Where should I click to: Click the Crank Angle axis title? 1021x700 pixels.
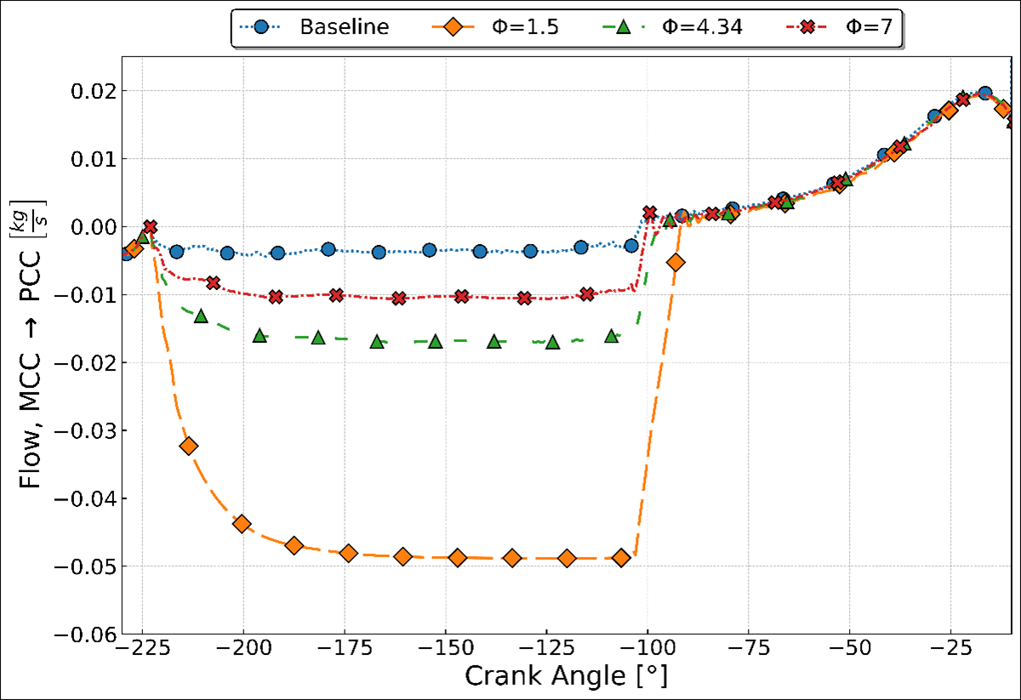coord(566,678)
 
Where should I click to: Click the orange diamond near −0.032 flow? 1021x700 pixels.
coord(189,446)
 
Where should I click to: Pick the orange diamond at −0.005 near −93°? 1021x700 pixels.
coord(676,262)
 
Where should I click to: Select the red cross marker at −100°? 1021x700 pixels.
coord(650,213)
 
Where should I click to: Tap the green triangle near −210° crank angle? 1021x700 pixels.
coord(201,316)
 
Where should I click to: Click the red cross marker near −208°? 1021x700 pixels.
coord(213,282)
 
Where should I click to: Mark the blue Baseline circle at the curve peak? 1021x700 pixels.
coord(984,94)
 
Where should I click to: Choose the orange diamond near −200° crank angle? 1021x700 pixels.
coord(242,523)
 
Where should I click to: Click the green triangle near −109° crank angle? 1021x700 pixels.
coord(611,336)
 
